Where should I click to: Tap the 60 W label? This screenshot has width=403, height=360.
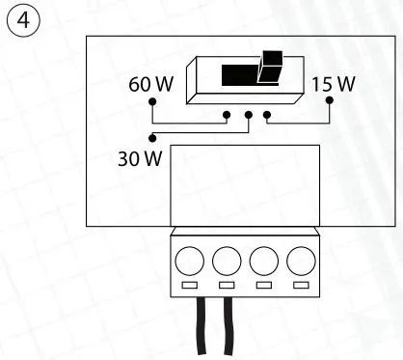(150, 85)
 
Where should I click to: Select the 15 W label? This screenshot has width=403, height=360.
(334, 85)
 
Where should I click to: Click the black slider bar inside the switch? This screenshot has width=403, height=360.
(241, 75)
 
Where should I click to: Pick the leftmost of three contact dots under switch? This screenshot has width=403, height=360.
(227, 115)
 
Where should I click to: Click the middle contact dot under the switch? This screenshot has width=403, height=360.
(248, 115)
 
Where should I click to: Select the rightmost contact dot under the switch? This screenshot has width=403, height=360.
(267, 115)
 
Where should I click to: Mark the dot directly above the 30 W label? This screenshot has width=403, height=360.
(152, 137)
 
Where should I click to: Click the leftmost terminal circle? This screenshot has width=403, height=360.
(189, 259)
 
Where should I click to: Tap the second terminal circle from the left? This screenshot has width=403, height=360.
(227, 259)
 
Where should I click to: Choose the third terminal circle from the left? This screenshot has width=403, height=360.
(264, 259)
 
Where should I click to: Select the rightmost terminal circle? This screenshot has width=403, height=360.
(302, 259)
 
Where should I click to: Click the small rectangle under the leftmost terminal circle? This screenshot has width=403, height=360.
(189, 287)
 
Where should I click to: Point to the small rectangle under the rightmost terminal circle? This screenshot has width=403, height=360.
(302, 287)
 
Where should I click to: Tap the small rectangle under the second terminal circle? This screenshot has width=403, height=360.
(227, 287)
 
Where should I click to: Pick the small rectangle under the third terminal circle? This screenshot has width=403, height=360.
(264, 287)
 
